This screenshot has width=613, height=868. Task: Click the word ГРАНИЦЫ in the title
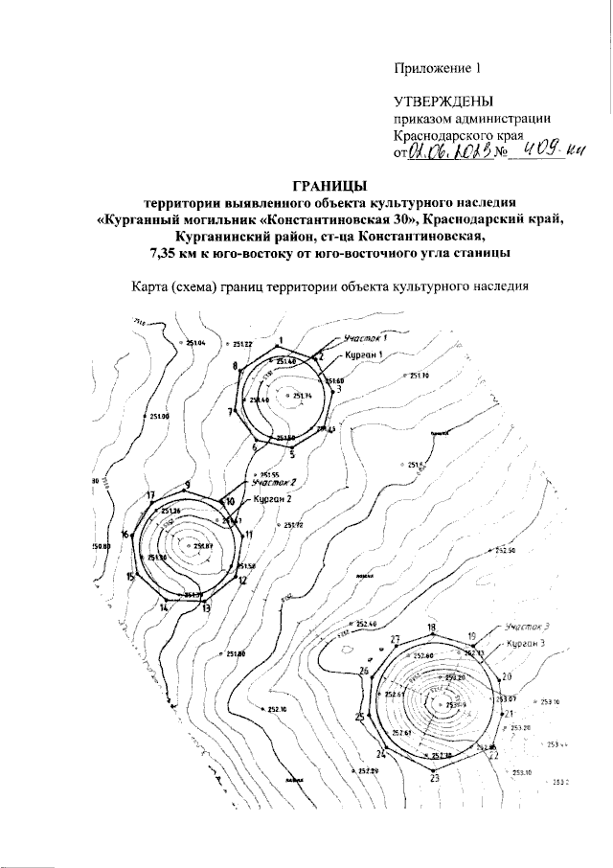point(329,185)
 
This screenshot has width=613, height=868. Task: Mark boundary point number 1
point(281,342)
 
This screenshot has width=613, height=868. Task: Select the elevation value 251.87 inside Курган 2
point(201,547)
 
